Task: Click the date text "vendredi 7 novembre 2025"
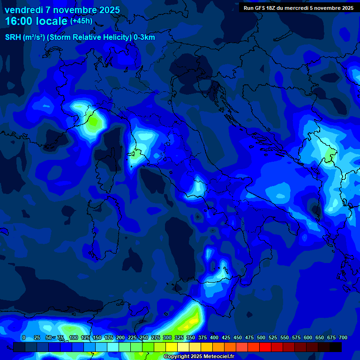coord(62,10)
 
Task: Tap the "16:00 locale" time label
coord(36,21)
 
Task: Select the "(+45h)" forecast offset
coord(81,21)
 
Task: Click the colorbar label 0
coord(24,338)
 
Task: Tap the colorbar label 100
coord(74,338)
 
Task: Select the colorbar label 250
coord(144,338)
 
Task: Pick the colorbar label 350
coord(191,338)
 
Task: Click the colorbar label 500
coord(261,338)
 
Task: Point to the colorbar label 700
coord(343,338)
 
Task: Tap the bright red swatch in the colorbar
coord(265,347)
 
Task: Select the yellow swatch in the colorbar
coord(172,347)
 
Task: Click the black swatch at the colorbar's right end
coord(336,347)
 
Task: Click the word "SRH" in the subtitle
coord(13,37)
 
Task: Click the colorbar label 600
coord(308,338)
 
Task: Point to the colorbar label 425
coord(226,338)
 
